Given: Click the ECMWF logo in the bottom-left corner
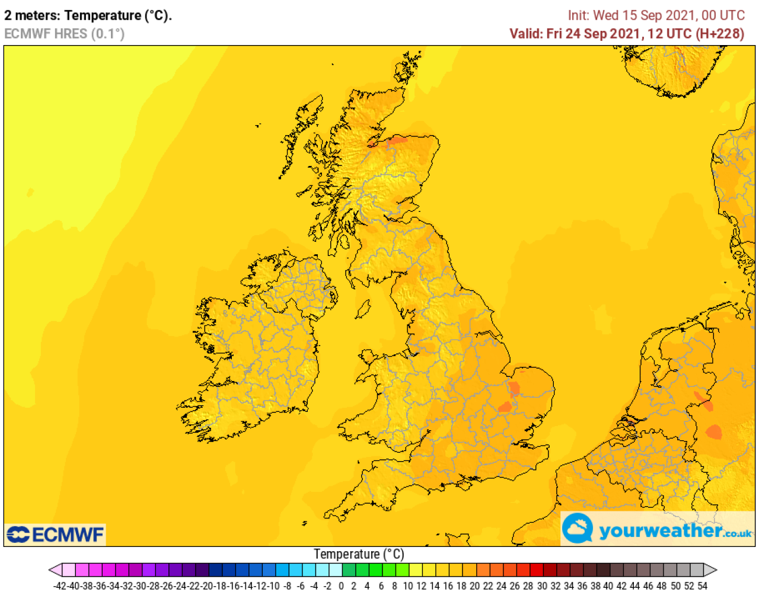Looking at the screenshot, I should [x=55, y=535].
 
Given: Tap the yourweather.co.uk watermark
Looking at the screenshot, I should [x=658, y=529].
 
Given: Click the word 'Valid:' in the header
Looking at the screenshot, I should [x=525, y=34].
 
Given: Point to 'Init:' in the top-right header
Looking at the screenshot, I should [x=578, y=15].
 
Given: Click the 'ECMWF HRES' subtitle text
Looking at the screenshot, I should [x=46, y=34].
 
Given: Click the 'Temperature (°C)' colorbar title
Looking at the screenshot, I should [x=359, y=554].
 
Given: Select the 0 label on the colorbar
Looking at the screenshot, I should [x=341, y=586].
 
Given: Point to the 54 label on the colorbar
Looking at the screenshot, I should [x=702, y=586].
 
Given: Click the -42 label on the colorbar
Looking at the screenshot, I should [x=60, y=586].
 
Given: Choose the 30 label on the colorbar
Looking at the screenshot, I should [x=542, y=586].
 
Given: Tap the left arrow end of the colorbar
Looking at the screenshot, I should [x=55, y=570].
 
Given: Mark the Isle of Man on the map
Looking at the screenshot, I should [x=363, y=309].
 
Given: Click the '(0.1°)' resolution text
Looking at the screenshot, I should [x=107, y=34].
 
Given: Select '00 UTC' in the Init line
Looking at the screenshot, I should [x=723, y=15].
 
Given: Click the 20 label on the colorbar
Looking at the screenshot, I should [x=475, y=586].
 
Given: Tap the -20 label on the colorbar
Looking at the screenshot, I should [x=208, y=586].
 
